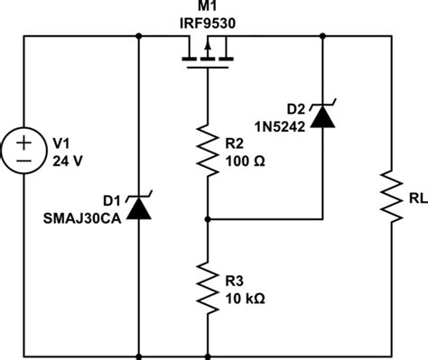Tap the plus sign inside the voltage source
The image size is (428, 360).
24,143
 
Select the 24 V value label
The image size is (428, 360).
68,162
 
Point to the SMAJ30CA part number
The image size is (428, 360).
82,218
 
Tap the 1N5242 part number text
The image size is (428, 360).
280,127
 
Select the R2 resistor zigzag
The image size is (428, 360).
208,150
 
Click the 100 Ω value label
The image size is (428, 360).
246,162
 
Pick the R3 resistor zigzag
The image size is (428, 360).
208,288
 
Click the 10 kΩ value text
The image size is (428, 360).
246,299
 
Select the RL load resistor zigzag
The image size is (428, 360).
392,197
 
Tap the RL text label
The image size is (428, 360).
418,198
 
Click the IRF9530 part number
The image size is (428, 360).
208,23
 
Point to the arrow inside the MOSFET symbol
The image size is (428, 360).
208,49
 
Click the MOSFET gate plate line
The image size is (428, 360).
208,68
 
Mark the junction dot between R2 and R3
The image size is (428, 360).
208,219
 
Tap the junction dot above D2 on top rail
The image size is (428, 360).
322,36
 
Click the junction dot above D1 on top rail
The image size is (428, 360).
139,36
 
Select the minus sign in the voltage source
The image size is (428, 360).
24,161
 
